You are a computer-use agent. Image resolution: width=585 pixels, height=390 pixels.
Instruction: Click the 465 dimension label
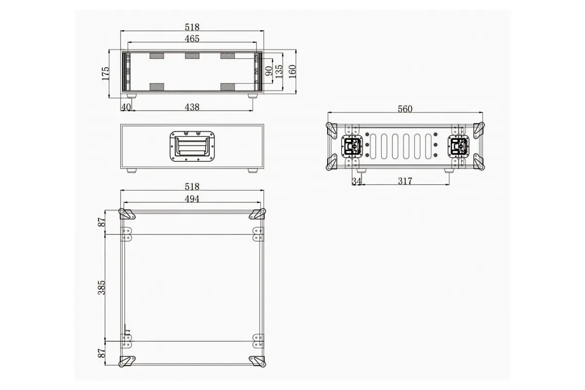(192, 39)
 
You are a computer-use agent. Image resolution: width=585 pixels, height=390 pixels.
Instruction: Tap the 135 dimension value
(279, 71)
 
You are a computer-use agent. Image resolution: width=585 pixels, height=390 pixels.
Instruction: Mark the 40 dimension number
(125, 107)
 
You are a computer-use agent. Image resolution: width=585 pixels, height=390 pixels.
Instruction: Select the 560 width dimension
(405, 109)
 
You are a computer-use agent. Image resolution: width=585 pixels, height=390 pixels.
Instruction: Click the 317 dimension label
(405, 181)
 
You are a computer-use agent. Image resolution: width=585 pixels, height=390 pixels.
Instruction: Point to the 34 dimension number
(356, 181)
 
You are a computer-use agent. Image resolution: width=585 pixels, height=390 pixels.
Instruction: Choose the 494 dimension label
(192, 198)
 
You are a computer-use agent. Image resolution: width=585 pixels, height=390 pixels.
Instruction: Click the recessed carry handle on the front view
(192, 145)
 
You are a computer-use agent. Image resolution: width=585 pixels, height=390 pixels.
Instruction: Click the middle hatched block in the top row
(192, 56)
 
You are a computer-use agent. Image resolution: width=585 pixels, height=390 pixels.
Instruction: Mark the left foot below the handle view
(131, 171)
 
